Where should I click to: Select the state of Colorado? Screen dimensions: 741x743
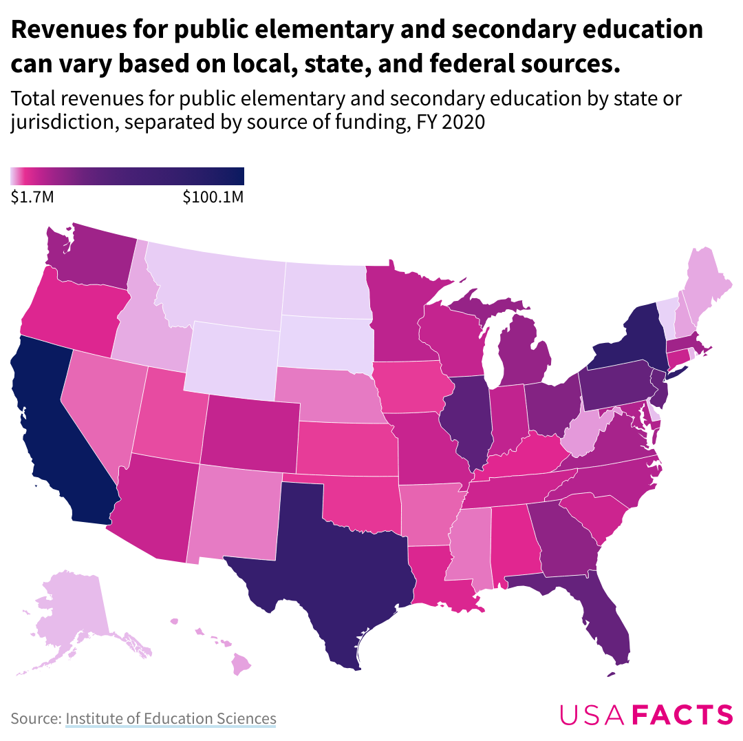(251, 434)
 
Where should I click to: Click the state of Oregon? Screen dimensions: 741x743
(72, 313)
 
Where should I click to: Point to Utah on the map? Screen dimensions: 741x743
(169, 420)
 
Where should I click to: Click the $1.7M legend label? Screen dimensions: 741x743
(32, 198)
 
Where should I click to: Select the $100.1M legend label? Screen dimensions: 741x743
(213, 198)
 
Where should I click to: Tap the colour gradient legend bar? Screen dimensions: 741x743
(127, 176)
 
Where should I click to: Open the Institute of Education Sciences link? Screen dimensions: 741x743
(171, 719)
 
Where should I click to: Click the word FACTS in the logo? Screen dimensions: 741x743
(682, 715)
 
